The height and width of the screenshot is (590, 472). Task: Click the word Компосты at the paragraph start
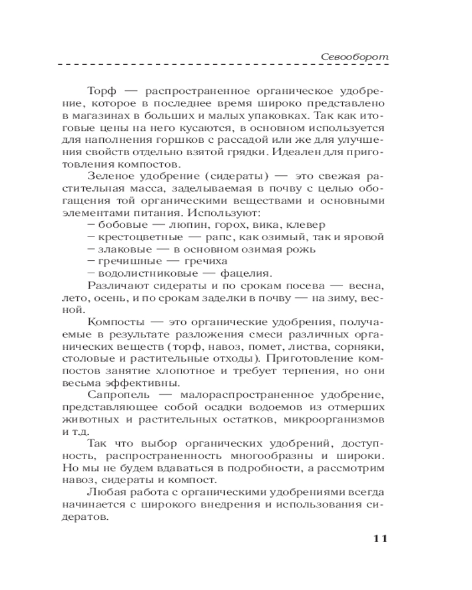[112, 322]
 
